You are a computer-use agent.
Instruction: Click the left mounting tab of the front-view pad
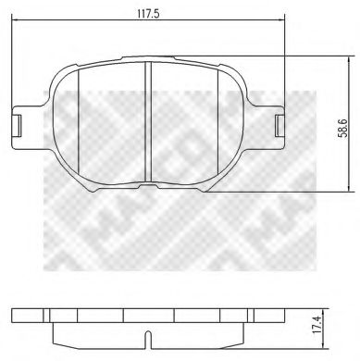(x=18, y=122)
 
